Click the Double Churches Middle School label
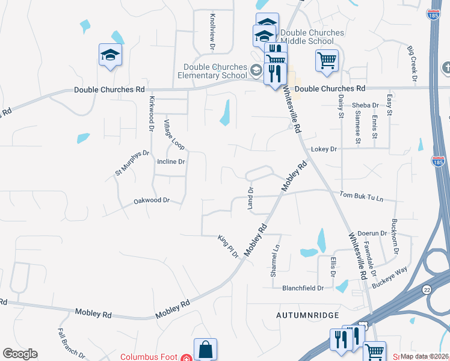(312, 37)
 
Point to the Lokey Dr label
(324, 149)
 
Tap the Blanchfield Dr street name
(303, 288)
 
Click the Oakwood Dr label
(152, 200)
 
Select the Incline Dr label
(171, 162)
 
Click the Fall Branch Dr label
(71, 343)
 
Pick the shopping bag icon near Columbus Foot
(205, 350)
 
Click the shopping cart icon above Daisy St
(326, 60)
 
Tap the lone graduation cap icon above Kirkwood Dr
(110, 55)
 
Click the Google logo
(20, 354)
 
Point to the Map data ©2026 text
(425, 356)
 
